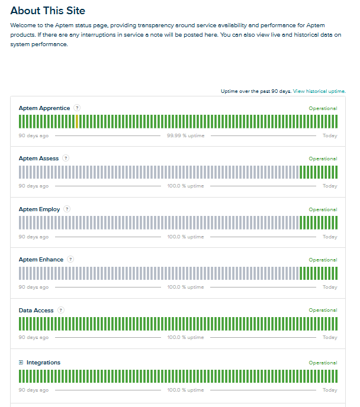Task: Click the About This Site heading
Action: pyautogui.click(x=48, y=11)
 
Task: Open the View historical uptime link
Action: pyautogui.click(x=319, y=91)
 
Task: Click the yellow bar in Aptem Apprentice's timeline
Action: pyautogui.click(x=77, y=121)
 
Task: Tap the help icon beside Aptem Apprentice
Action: pyautogui.click(x=77, y=108)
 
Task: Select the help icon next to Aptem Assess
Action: pyautogui.click(x=66, y=158)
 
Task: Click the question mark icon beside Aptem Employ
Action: pyautogui.click(x=67, y=209)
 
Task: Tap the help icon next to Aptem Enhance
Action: pyautogui.click(x=70, y=259)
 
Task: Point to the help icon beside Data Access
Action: pyautogui.click(x=61, y=310)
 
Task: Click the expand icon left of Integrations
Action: pyautogui.click(x=21, y=363)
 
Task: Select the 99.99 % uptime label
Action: pyautogui.click(x=185, y=135)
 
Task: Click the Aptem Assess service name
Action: pyautogui.click(x=38, y=159)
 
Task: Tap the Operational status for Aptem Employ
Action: pyautogui.click(x=323, y=209)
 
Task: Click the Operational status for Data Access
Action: pyautogui.click(x=323, y=310)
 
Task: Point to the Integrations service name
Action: pyautogui.click(x=43, y=363)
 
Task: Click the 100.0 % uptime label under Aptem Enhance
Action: pyautogui.click(x=185, y=287)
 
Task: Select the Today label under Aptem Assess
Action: pyautogui.click(x=330, y=186)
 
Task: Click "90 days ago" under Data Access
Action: pyautogui.click(x=34, y=337)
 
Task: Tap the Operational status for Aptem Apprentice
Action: pyautogui.click(x=323, y=108)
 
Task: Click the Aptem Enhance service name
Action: pyautogui.click(x=41, y=260)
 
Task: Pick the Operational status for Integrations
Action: pyautogui.click(x=323, y=363)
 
